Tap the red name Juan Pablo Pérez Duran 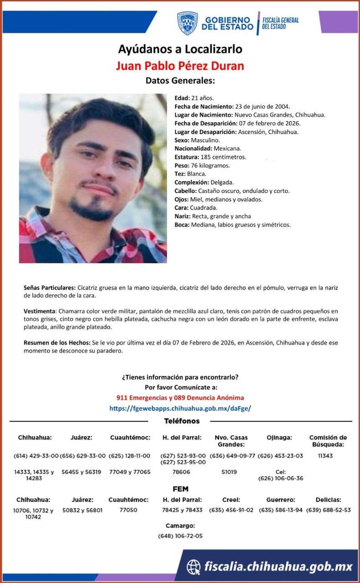(x=180, y=66)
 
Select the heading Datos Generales (x=180, y=81)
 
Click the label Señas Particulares (x=50, y=288)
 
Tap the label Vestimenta (x=40, y=311)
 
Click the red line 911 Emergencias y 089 (x=180, y=398)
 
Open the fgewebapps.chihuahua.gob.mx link (x=180, y=409)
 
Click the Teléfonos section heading (x=181, y=421)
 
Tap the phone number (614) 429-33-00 (x=35, y=456)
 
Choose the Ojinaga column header (x=279, y=438)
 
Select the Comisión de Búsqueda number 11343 (x=325, y=456)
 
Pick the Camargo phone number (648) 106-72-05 (x=180, y=536)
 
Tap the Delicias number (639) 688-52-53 (x=328, y=510)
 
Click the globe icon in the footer (x=194, y=567)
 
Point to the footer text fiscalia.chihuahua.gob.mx (x=278, y=567)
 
